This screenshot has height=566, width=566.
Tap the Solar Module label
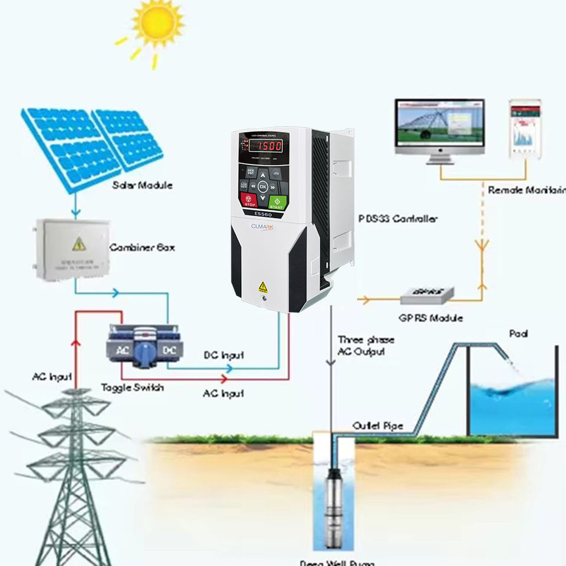click(x=143, y=185)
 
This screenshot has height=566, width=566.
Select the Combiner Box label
click(x=142, y=247)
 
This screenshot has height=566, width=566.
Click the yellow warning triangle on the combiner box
click(x=79, y=243)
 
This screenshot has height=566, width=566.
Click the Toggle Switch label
click(x=132, y=387)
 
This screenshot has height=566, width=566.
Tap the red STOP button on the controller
click(x=248, y=201)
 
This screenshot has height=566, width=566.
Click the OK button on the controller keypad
click(x=263, y=187)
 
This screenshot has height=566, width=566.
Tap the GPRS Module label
click(x=430, y=318)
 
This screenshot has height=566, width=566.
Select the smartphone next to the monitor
click(x=524, y=130)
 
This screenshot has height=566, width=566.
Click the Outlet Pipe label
click(x=378, y=426)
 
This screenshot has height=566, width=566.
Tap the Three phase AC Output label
click(x=366, y=345)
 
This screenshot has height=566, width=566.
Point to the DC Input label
click(x=223, y=356)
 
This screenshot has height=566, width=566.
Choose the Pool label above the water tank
click(x=518, y=334)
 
